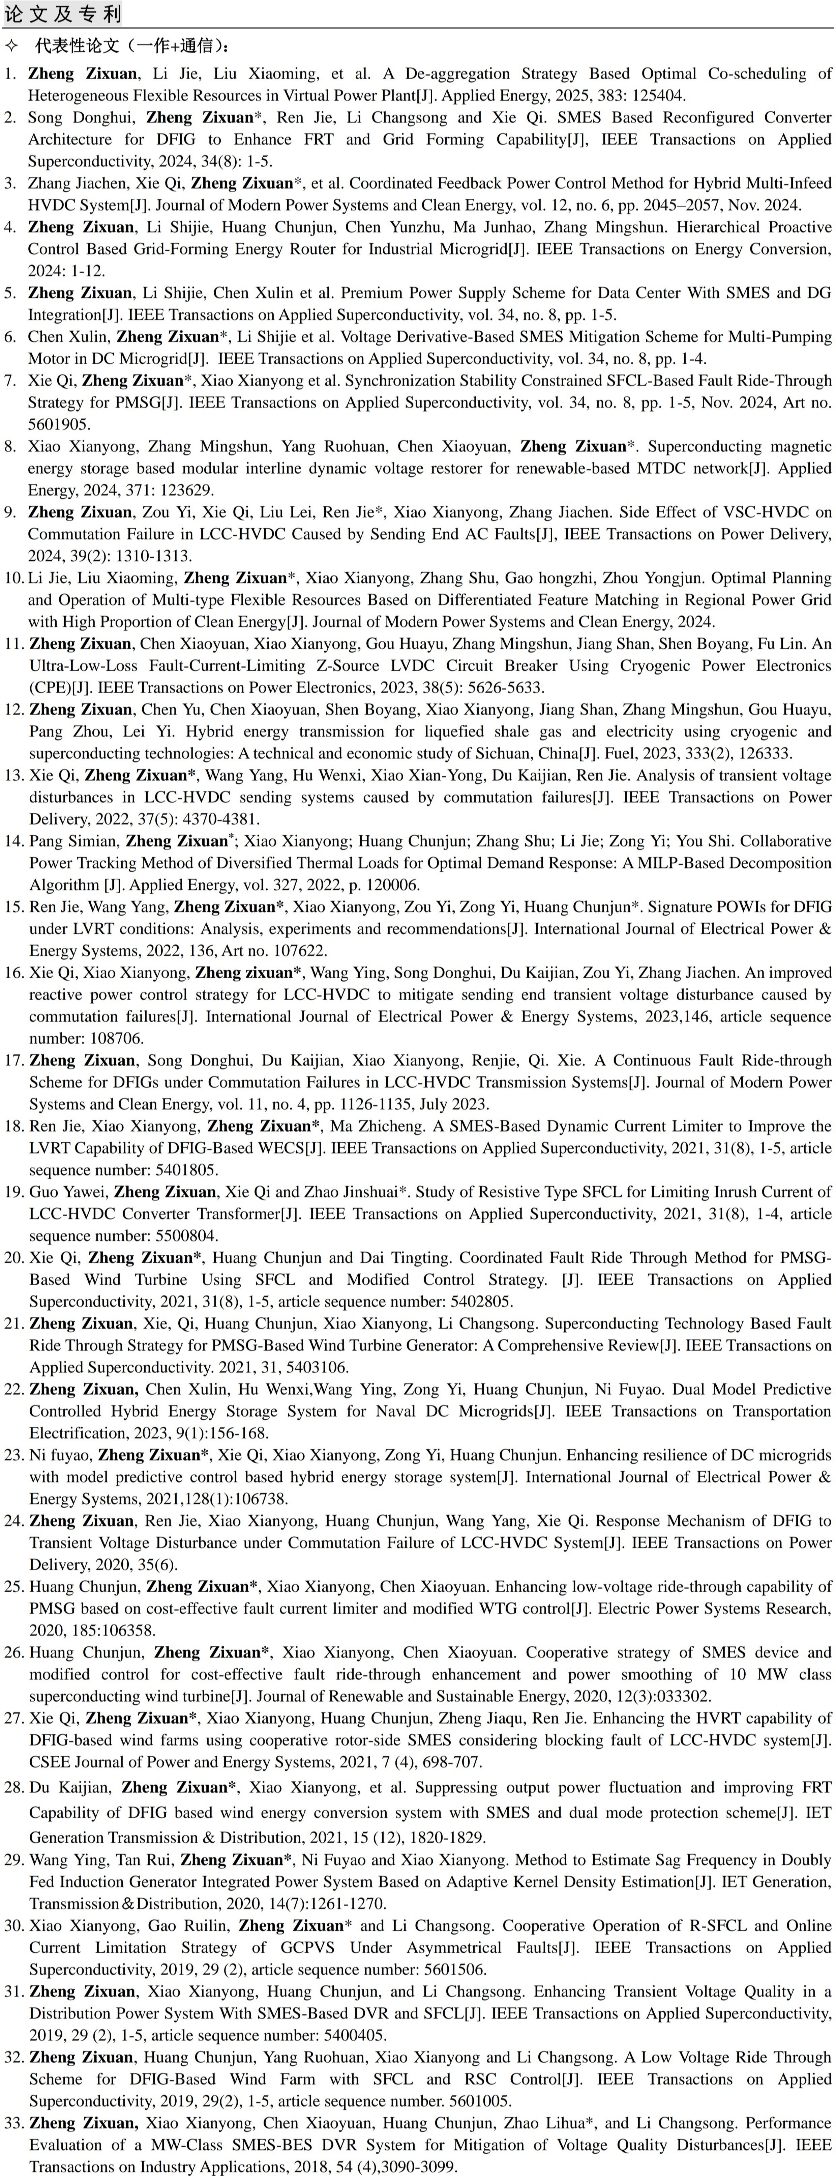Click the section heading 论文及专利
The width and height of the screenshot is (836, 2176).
pos(63,15)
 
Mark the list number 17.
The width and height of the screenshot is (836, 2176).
pos(14,1060)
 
